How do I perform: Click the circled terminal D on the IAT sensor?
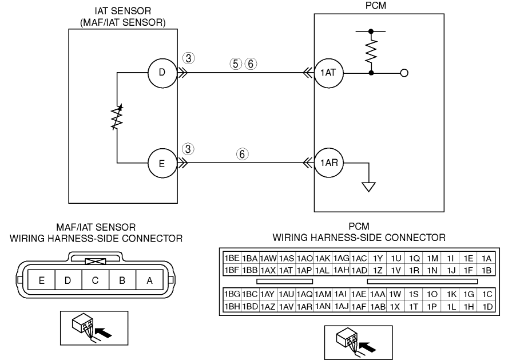click(161, 73)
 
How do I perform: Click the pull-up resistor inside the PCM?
click(372, 52)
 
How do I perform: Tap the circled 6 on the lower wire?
click(243, 153)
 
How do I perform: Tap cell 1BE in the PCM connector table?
click(231, 258)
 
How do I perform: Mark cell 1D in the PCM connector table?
click(487, 306)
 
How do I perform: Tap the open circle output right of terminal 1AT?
click(404, 73)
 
